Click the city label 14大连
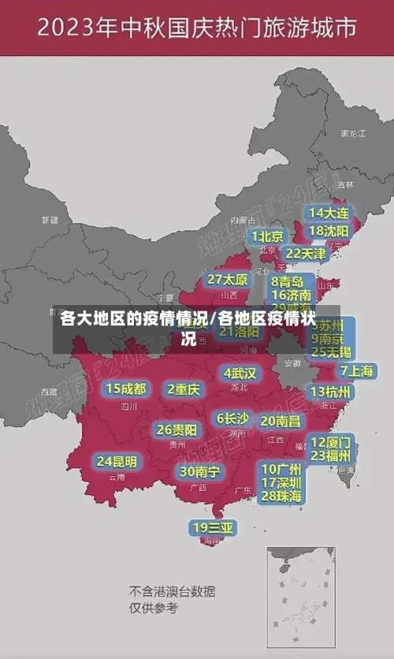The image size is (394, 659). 329,213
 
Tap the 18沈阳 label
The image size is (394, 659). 329,231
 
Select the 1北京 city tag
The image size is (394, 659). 267,236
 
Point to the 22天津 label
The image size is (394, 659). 305,254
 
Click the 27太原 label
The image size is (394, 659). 228,280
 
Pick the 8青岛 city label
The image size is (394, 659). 288,281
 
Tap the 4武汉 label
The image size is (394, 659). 240,373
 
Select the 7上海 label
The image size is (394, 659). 357,370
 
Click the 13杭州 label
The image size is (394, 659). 331,392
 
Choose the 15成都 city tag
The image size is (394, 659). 126,389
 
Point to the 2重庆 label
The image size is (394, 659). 184,389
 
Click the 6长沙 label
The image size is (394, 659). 232,419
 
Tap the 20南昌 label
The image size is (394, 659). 281,421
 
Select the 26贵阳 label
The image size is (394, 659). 177,430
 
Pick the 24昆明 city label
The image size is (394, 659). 117,461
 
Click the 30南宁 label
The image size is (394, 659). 200,471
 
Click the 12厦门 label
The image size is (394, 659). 331,441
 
